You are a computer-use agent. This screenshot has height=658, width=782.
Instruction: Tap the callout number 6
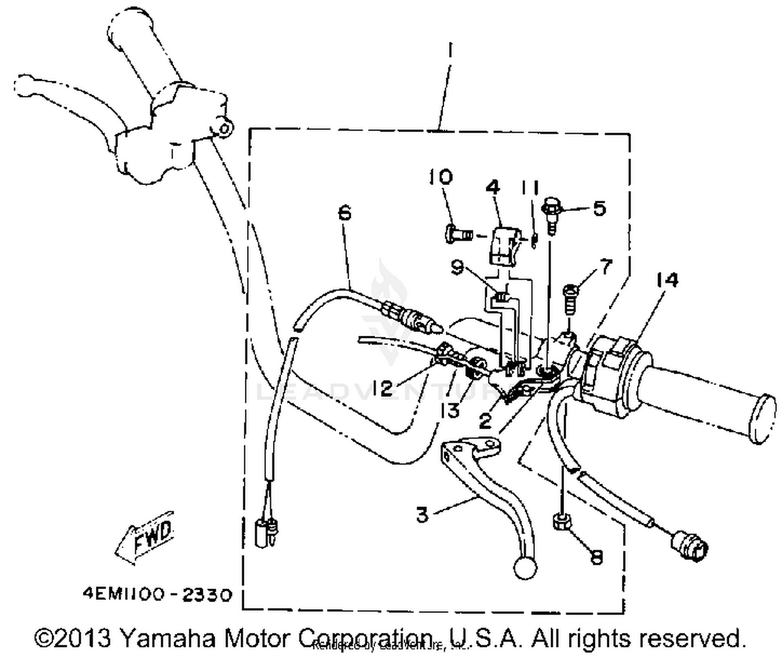click(x=345, y=213)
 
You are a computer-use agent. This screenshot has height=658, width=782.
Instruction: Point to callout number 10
click(x=441, y=177)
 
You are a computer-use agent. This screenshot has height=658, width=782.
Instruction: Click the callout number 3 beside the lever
click(x=422, y=514)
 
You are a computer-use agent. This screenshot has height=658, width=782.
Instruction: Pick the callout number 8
click(x=596, y=557)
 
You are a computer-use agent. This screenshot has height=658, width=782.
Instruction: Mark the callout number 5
click(x=600, y=209)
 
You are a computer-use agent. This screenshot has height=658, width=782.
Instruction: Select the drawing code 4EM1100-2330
click(x=156, y=594)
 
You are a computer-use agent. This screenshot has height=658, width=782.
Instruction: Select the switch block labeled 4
click(x=503, y=245)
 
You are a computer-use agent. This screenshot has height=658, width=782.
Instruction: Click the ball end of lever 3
click(x=524, y=568)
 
